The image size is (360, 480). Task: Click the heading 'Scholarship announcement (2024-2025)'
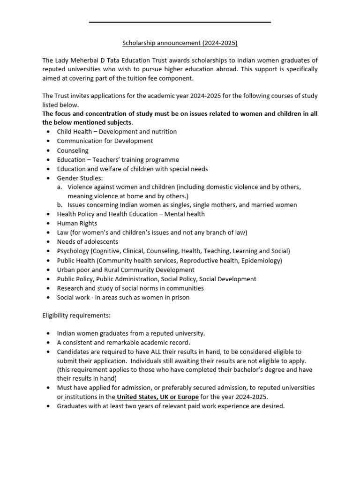click(x=180, y=43)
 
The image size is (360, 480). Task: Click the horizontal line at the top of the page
click(x=180, y=22)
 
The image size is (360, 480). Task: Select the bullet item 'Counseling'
click(x=73, y=150)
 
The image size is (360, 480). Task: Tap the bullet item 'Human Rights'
click(x=77, y=223)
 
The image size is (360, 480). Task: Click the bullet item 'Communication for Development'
click(x=105, y=141)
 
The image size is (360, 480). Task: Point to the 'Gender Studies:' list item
click(x=80, y=178)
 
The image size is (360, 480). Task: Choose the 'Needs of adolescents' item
click(x=88, y=242)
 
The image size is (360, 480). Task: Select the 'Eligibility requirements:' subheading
click(x=76, y=315)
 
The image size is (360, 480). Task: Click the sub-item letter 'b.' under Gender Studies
click(x=60, y=205)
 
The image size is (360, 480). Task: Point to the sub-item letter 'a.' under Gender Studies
click(x=60, y=187)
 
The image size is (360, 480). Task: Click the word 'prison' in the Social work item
click(x=180, y=298)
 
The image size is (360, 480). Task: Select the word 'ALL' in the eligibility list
click(x=149, y=352)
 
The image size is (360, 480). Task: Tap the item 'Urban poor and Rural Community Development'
click(x=126, y=270)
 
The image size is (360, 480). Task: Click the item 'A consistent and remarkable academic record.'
click(x=124, y=343)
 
